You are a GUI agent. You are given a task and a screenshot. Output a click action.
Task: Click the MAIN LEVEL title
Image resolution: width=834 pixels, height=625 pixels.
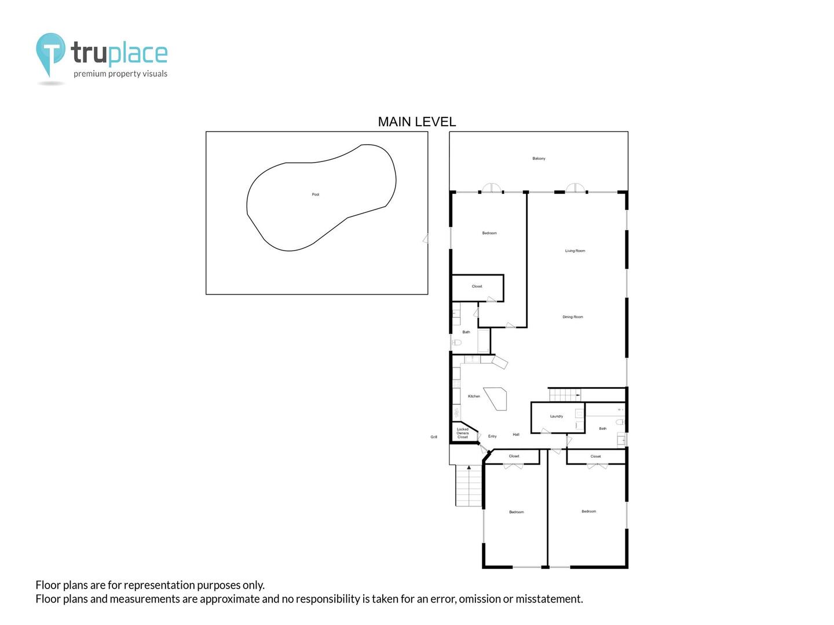pos(416,122)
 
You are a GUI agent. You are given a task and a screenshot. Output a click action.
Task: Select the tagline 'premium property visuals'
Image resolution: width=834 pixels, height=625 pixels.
pos(120,73)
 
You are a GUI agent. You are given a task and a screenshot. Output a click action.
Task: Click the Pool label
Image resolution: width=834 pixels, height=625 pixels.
pos(316,194)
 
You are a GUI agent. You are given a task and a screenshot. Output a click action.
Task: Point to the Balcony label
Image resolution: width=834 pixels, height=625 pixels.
pos(539,158)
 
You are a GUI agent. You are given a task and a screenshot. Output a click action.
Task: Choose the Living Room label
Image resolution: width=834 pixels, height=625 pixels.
pos(575,251)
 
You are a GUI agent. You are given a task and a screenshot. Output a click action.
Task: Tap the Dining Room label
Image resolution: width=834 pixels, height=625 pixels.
pos(573,317)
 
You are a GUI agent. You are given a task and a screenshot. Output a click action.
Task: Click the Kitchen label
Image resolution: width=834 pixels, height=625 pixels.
pos(474,396)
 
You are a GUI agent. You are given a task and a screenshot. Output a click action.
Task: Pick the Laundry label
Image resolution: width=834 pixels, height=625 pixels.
pos(556,416)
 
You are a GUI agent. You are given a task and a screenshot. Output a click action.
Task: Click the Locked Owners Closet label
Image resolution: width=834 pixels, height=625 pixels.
pos(462,433)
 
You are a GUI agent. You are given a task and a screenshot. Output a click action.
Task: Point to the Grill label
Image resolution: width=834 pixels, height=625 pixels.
pos(434,437)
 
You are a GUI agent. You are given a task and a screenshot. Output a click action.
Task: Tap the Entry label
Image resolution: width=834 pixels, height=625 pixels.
pos(492,436)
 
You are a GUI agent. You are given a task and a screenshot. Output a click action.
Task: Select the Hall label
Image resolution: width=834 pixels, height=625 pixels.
pos(516,435)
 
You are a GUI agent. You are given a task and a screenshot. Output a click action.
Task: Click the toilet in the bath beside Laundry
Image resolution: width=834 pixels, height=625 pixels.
pos(620,422)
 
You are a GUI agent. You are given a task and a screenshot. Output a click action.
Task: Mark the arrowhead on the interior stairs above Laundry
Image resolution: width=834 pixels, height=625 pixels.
pos(578,395)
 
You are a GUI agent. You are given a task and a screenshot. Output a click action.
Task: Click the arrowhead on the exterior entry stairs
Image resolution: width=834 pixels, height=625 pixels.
pos(469,467)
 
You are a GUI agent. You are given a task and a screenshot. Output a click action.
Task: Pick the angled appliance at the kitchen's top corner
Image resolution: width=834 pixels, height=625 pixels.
pos(500,362)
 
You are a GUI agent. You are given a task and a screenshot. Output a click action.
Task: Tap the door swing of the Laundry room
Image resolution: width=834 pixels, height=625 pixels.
pos(546,431)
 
